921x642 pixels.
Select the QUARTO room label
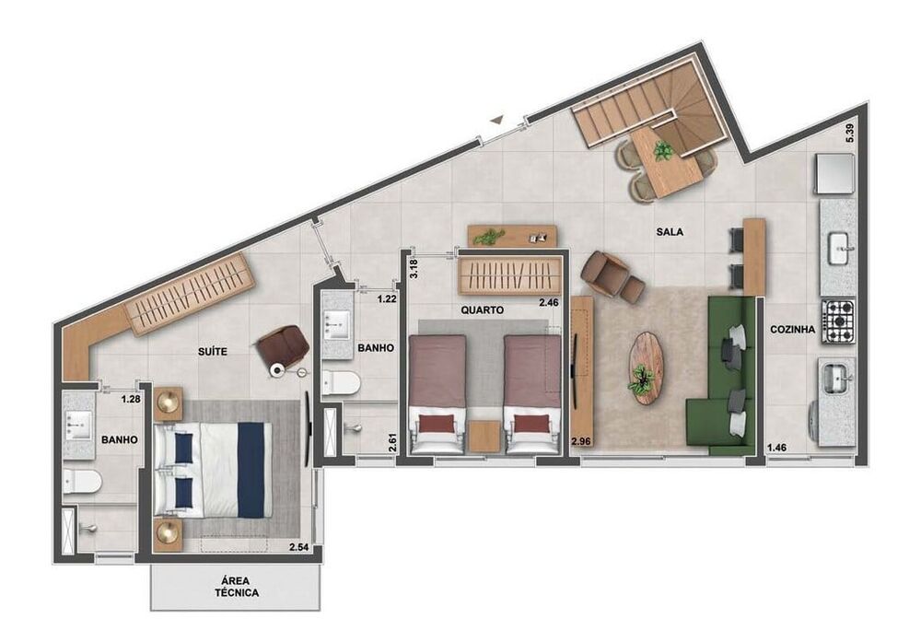pos(480,310)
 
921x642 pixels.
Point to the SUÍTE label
pos(213,351)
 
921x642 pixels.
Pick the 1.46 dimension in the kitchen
pos(779,449)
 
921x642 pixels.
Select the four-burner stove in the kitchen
pos(838,318)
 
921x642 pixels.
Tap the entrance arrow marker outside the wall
pos(496,119)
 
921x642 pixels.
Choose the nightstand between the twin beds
pos(484,437)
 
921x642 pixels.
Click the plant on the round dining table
pos(661,151)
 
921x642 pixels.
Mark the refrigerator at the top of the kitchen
pos(833,173)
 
